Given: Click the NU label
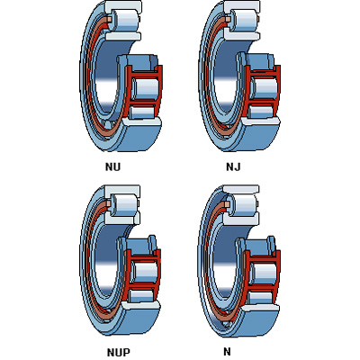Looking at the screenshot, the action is click(112, 166).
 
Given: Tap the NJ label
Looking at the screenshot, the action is click(233, 166).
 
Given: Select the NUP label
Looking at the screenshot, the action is click(119, 352).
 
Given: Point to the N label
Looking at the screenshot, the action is click(227, 351).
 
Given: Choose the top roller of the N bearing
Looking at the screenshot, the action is click(244, 204).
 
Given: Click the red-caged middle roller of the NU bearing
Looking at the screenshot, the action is click(146, 87).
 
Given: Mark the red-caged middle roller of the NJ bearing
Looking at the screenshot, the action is click(265, 87).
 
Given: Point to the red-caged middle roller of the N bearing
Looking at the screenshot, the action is click(264, 272).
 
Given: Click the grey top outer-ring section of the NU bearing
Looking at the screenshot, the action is click(123, 5).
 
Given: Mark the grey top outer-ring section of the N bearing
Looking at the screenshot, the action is click(241, 189).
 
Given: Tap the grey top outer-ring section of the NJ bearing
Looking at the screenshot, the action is click(242, 5).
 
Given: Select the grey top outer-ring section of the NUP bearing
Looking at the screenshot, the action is click(122, 190).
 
